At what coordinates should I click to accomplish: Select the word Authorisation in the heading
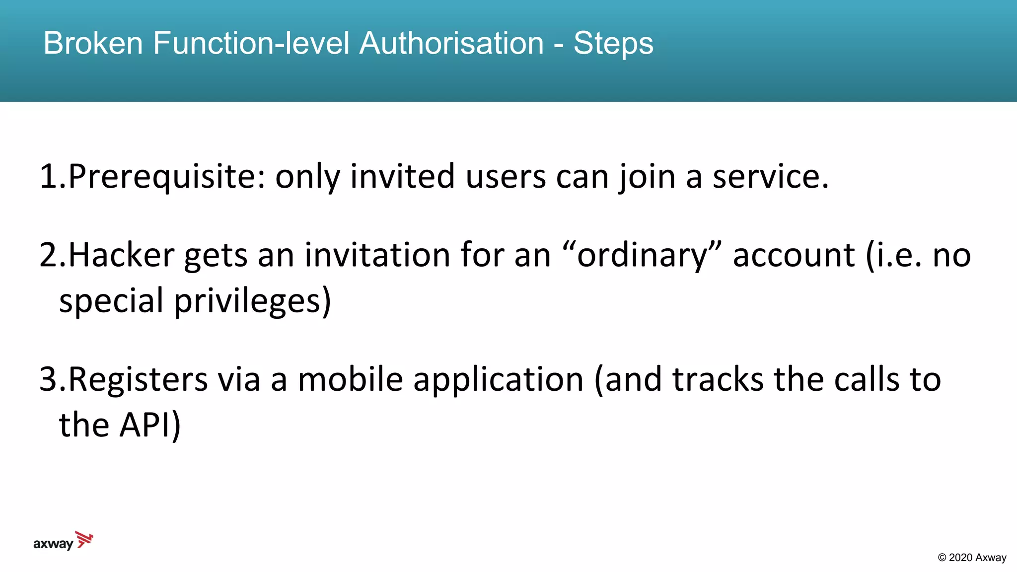coord(451,43)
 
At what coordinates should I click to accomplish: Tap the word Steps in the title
coord(613,44)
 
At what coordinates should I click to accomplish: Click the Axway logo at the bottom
coord(63,541)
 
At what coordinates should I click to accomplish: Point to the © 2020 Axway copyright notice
coord(972,558)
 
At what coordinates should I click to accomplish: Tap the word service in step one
coord(770,177)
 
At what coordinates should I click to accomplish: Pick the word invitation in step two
coord(377,255)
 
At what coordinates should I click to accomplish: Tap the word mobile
coord(350,379)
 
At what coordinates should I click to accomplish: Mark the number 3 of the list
coord(49,379)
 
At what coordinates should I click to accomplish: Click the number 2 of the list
coord(49,255)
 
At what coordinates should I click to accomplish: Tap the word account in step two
coord(794,255)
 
